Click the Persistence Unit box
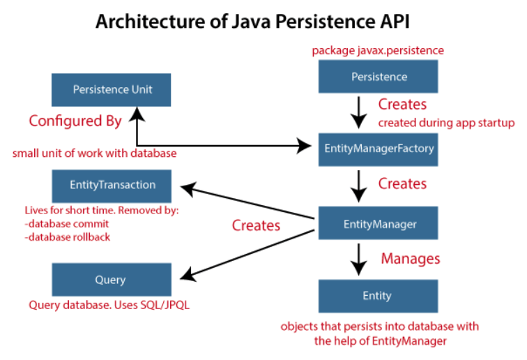tap(112, 90)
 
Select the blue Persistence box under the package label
tap(378, 75)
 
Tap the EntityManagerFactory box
tap(378, 148)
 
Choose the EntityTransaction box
tap(112, 185)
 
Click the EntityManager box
tap(378, 223)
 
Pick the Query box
tap(112, 280)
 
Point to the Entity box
tap(378, 296)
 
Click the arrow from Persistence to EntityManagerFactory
tap(358, 112)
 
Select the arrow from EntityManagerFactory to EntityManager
tap(358, 186)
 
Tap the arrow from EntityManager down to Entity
tap(358, 260)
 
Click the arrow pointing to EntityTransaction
tap(244, 202)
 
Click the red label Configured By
tap(75, 121)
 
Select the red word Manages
tap(410, 258)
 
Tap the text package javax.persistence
tap(378, 50)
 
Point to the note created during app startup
tap(445, 123)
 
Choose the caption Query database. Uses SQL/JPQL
tap(109, 306)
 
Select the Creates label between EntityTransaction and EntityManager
tap(256, 225)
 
